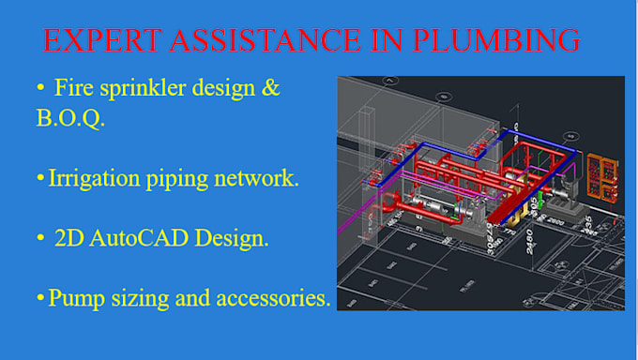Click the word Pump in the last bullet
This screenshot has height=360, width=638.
point(72,300)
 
